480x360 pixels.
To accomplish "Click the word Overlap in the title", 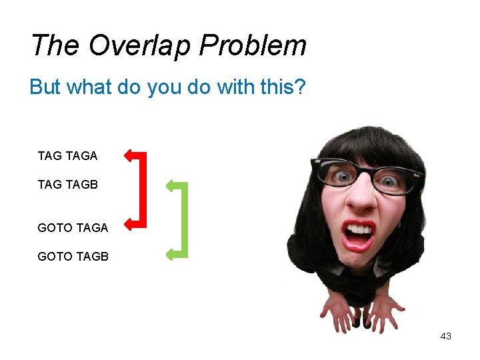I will click(x=140, y=45).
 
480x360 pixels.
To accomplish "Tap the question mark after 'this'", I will click(x=300, y=87).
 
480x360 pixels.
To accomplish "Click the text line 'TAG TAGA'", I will click(x=67, y=156).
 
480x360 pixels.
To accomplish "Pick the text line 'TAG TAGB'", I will click(x=67, y=184).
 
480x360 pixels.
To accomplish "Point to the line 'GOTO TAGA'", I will click(x=73, y=227).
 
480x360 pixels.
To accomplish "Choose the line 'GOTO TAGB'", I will click(x=73, y=256).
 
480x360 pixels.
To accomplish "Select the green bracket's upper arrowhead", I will click(x=171, y=184).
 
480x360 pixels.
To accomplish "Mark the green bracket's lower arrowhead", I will click(x=171, y=253).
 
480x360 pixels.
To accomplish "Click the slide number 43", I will click(x=446, y=336).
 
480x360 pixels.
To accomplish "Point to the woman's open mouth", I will click(x=358, y=235).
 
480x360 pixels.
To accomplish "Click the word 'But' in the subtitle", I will click(x=43, y=87).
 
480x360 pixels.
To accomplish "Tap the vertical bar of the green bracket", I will click(x=185, y=219).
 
